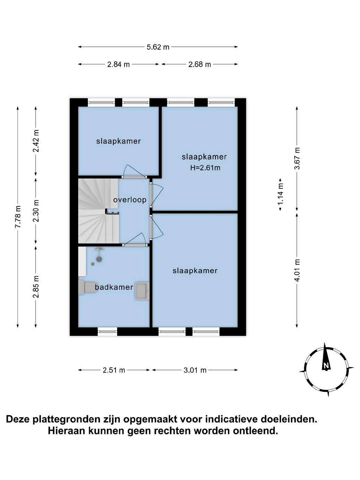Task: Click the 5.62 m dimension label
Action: (158, 47)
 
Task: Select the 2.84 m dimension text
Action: (119, 64)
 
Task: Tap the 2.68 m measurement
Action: (200, 64)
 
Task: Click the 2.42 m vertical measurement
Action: (36, 140)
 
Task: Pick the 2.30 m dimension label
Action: (36, 211)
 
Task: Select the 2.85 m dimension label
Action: (36, 286)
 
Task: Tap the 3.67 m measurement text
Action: (297, 158)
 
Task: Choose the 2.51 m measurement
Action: (114, 370)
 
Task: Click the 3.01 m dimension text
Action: (195, 370)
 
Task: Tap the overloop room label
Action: (130, 200)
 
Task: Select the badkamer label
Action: (114, 287)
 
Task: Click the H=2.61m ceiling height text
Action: (205, 168)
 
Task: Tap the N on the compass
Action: (326, 366)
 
